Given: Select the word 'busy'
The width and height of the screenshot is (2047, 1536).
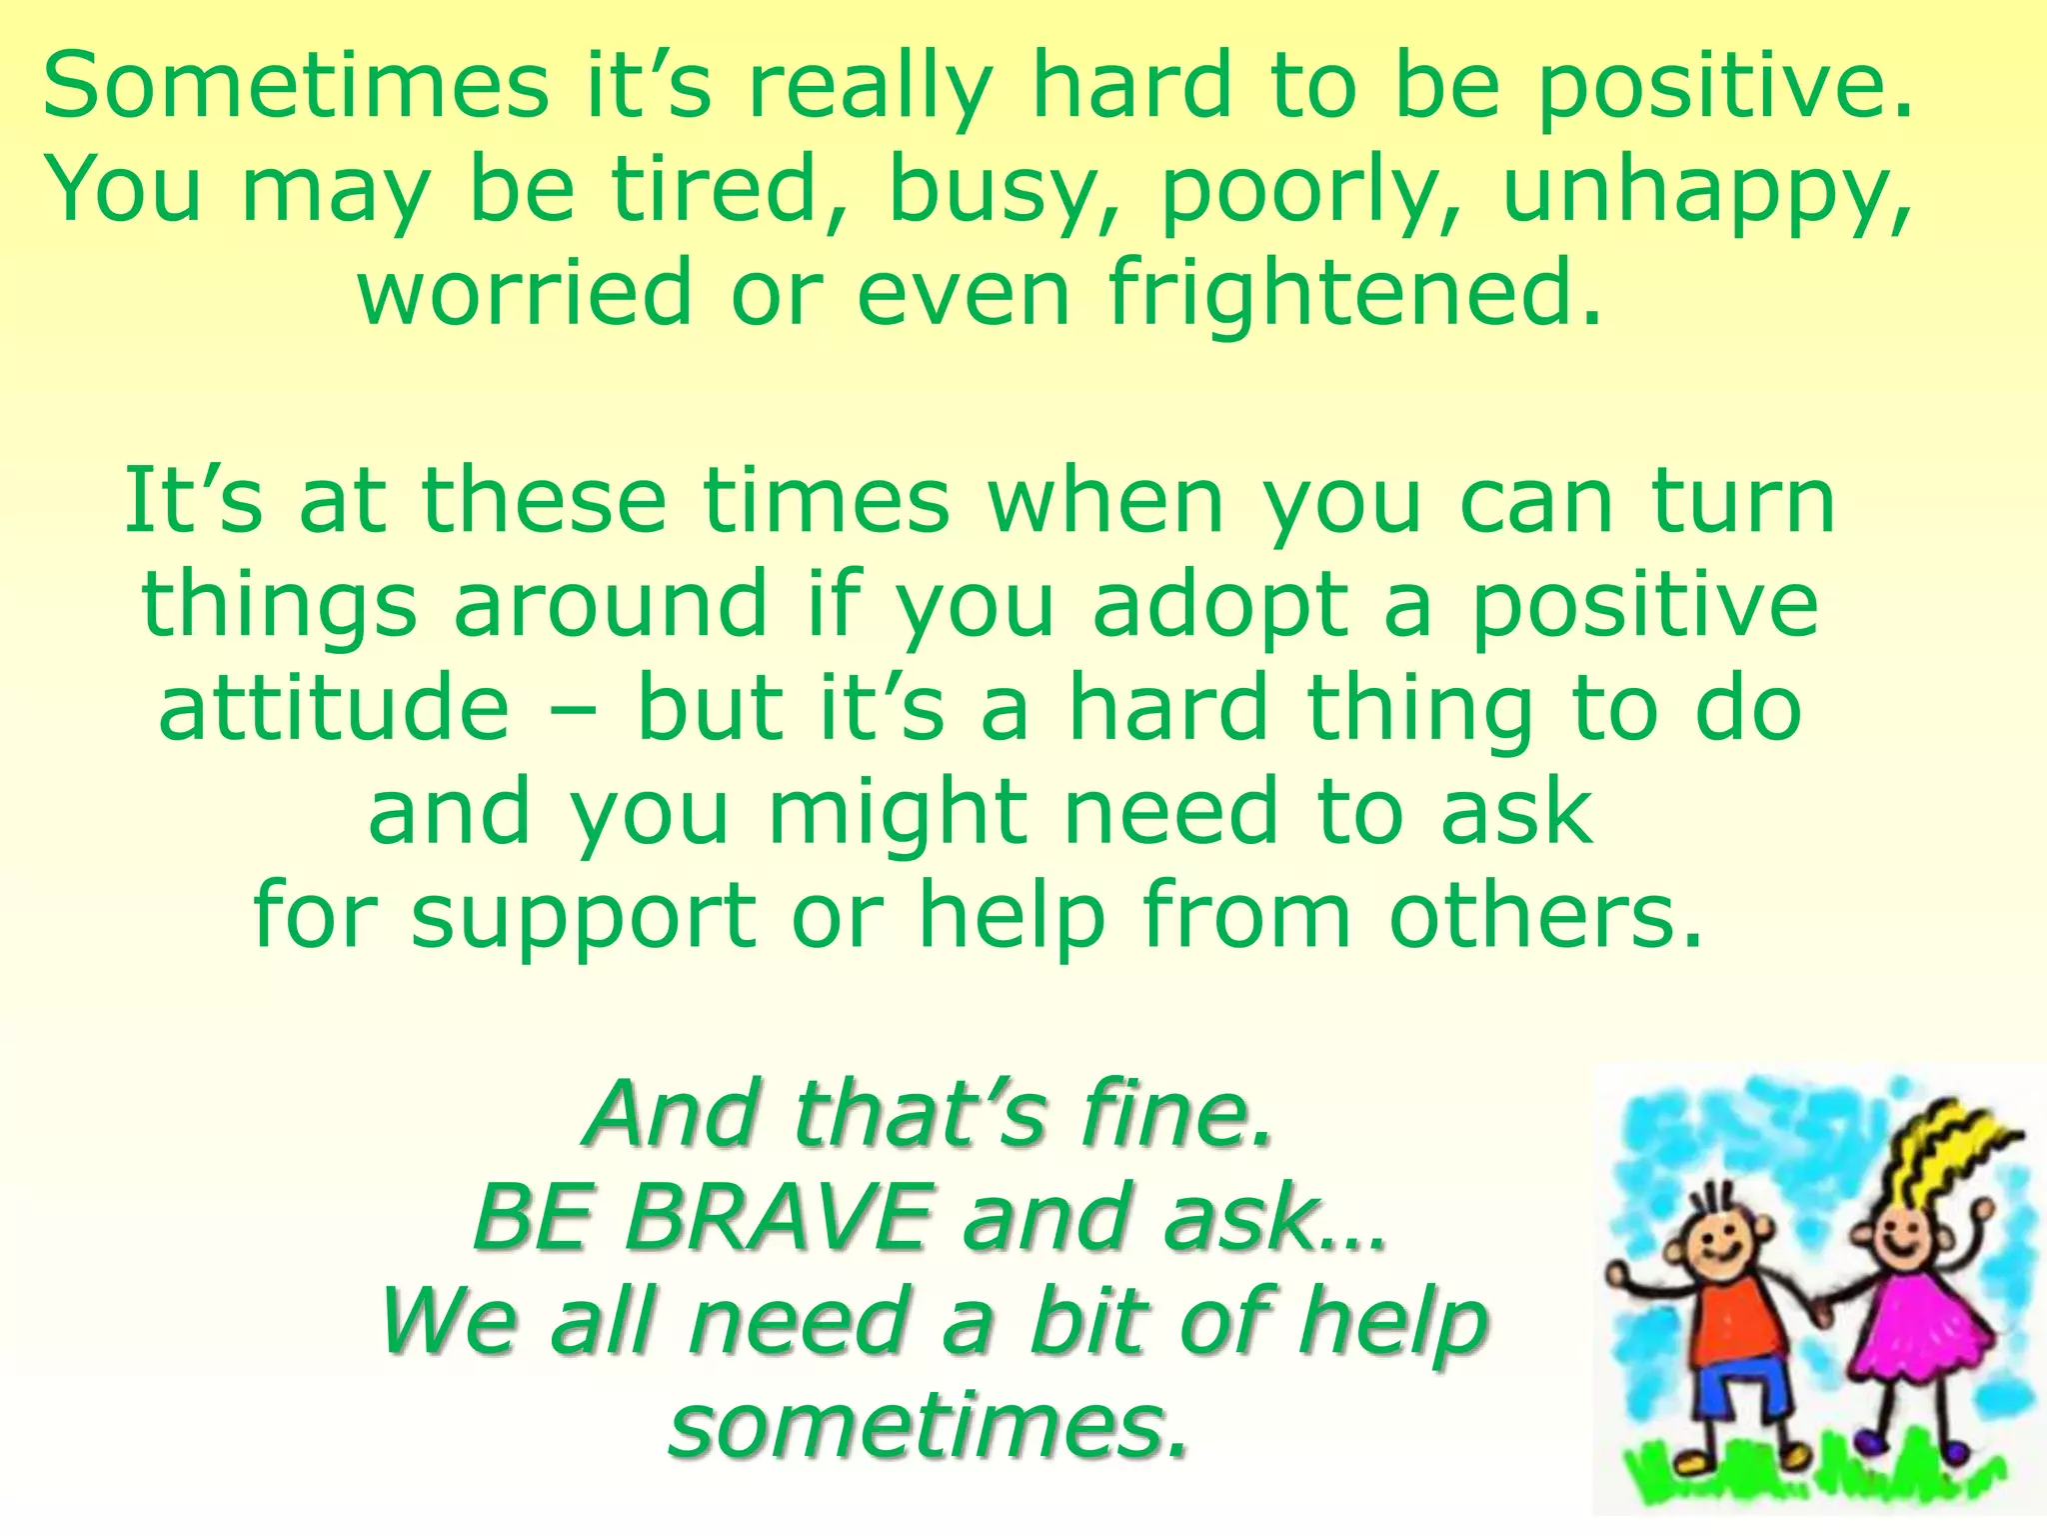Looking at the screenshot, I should click(x=991, y=192).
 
